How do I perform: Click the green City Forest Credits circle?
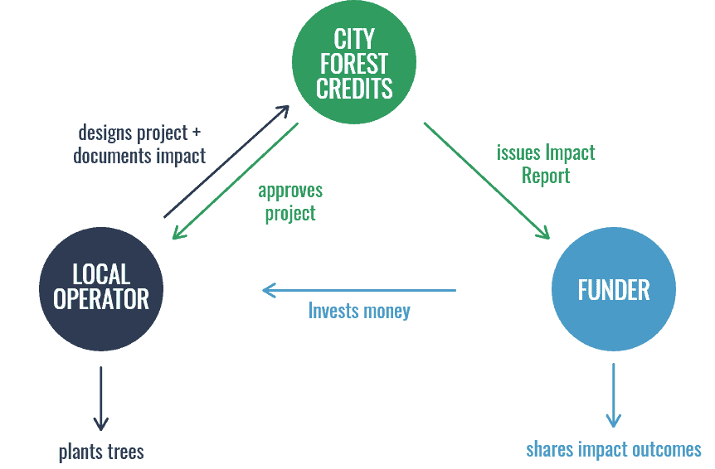354,62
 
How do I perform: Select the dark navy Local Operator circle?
101,289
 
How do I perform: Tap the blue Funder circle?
614,289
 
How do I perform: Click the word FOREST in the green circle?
354,63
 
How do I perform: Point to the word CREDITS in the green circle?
354,89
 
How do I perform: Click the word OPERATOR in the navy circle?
101,299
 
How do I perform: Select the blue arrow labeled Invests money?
359,290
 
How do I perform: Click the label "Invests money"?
359,311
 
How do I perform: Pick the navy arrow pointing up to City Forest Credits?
226,162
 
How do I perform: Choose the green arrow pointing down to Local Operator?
236,181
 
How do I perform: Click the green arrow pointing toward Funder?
487,181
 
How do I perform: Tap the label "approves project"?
290,202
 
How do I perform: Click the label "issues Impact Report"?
546,164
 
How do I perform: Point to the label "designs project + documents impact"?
139,144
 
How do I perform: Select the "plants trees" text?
101,452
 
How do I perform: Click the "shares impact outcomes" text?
614,450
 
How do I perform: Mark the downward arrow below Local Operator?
100,399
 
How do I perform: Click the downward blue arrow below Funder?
613,395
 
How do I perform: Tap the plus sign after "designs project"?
196,133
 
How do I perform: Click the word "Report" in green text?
546,176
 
